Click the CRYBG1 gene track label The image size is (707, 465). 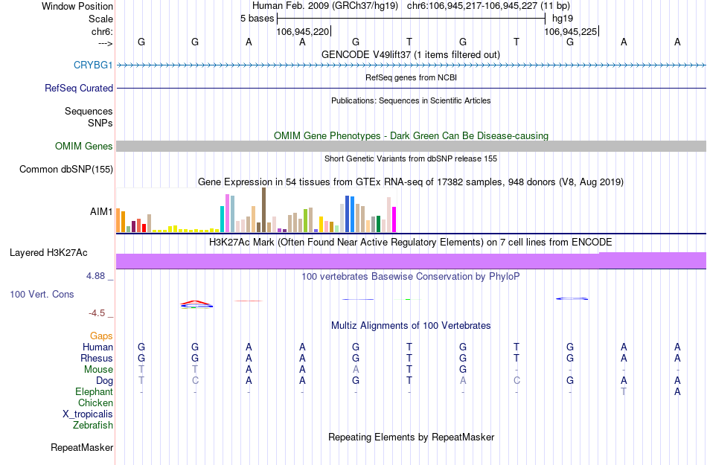point(93,65)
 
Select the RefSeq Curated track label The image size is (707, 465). point(79,89)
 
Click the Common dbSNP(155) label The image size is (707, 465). point(65,170)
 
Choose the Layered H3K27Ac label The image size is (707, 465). point(61,253)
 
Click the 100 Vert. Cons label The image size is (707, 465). point(42,295)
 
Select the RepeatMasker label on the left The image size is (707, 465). point(82,448)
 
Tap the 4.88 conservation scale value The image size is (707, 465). point(97,276)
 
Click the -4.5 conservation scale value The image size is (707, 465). point(98,313)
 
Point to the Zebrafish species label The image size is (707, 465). point(93,426)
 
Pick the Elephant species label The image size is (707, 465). point(94,392)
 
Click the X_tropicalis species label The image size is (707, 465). point(88,414)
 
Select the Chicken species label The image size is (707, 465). point(95,403)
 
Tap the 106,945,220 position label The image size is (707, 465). point(302,32)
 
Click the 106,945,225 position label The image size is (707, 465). point(570,32)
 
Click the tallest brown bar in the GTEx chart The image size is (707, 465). point(263,210)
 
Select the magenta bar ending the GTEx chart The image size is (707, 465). point(394,219)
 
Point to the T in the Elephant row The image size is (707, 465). point(624,392)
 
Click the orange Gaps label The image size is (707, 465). point(101,336)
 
